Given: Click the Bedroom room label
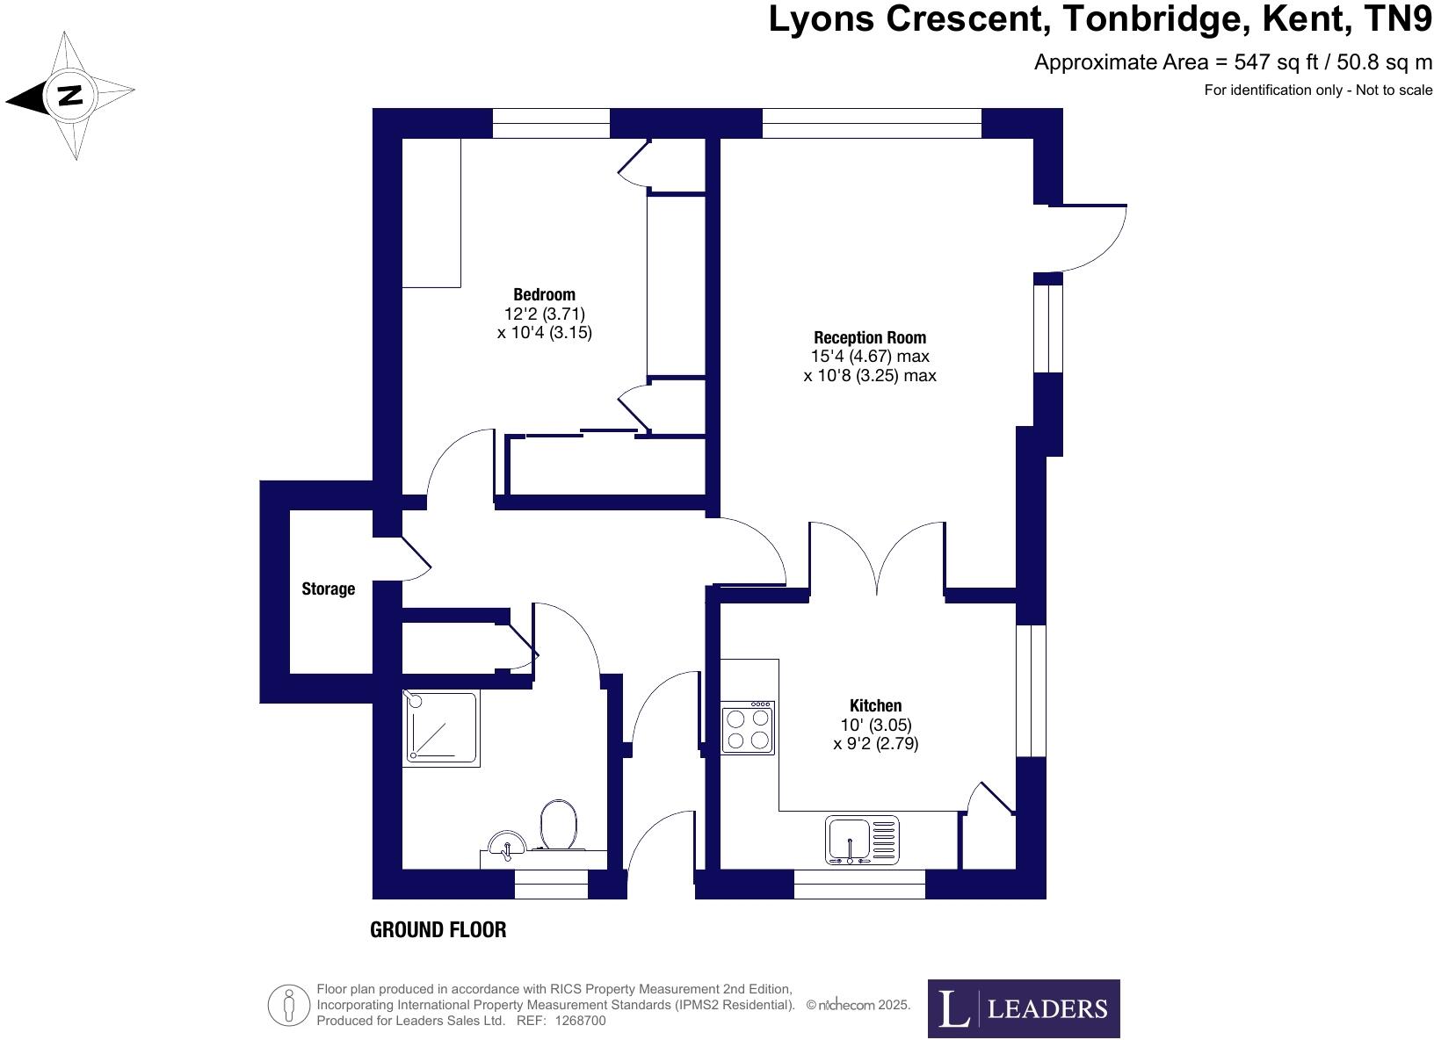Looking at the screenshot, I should (544, 294).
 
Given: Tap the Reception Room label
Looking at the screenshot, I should (870, 337).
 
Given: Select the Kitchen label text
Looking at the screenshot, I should (875, 705).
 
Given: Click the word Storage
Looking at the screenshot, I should (328, 589).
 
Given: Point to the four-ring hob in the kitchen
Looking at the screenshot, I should (748, 728).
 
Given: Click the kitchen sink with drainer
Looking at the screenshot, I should (862, 840).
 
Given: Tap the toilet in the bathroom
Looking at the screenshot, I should (559, 825).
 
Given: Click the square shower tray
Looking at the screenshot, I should (441, 727).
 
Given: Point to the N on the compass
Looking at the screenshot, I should (69, 95).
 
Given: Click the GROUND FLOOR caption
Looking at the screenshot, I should (438, 929).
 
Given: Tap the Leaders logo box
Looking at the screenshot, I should (1024, 1008).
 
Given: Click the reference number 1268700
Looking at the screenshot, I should (578, 1021).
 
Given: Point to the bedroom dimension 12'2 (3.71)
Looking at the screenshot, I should (544, 314).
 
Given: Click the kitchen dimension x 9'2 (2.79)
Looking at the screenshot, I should (875, 744).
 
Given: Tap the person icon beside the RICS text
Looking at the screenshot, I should (289, 1005).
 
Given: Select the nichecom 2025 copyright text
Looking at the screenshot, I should (858, 1005).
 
